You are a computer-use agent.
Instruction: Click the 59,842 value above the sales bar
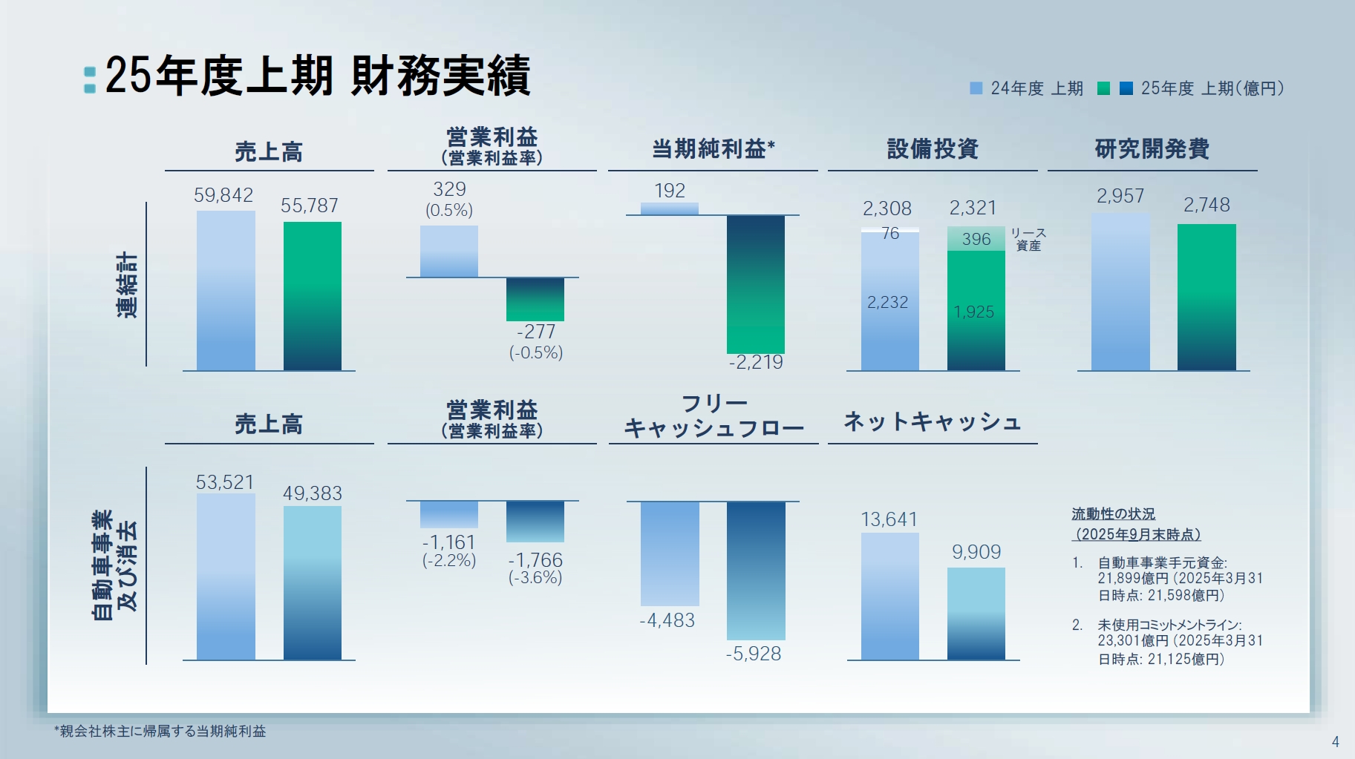pos(223,195)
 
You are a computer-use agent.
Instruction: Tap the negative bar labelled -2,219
pos(755,284)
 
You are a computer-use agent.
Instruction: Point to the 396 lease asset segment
pos(976,239)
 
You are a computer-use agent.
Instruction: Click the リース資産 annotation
pos(1028,239)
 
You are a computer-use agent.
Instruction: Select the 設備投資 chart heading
pos(933,149)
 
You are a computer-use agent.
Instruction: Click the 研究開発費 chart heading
pos(1152,149)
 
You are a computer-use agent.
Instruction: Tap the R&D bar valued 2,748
pos(1206,297)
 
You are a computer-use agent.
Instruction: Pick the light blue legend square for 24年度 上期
pos(976,88)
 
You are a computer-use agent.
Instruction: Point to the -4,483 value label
pos(667,620)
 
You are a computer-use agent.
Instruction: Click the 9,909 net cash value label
pos(976,552)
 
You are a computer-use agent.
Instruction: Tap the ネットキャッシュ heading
pos(933,421)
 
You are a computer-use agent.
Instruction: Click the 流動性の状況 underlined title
pos(1113,514)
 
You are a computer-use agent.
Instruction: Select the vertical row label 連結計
pos(127,285)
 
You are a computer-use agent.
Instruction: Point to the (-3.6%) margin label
pos(535,577)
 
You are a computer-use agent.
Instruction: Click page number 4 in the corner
pos(1335,741)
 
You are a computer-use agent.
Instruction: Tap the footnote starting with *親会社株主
pos(160,731)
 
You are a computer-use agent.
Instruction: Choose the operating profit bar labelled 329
pos(448,251)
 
